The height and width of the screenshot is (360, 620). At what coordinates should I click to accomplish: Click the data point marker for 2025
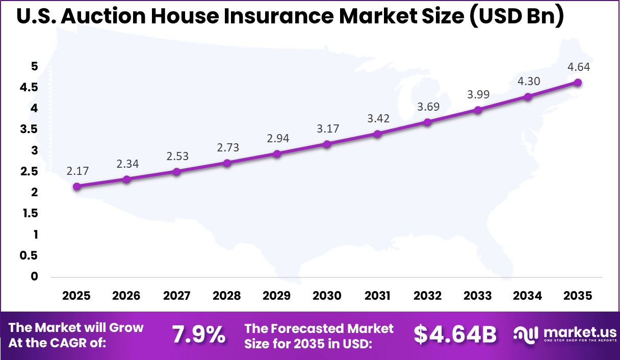coord(76,187)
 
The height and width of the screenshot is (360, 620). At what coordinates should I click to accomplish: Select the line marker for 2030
coord(327,144)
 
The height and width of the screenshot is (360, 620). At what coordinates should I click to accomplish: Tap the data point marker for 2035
coord(578,83)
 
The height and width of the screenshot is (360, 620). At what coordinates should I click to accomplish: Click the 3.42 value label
coord(378,119)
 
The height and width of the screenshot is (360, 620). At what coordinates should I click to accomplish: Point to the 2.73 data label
coord(227,148)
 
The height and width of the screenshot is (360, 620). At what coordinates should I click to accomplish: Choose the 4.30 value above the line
coord(528,81)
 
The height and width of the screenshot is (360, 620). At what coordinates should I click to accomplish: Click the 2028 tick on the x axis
coord(227,296)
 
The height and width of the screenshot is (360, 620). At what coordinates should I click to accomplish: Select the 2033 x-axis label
coord(478,296)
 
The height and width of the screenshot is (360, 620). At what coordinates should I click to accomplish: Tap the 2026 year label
coord(126,296)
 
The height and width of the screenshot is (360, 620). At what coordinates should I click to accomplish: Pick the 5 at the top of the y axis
coord(34,66)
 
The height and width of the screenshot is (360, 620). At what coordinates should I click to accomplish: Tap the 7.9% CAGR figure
coord(199,335)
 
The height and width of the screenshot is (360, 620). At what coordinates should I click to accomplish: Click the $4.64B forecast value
coord(455,335)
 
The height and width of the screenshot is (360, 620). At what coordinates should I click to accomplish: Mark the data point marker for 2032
coord(428,122)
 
